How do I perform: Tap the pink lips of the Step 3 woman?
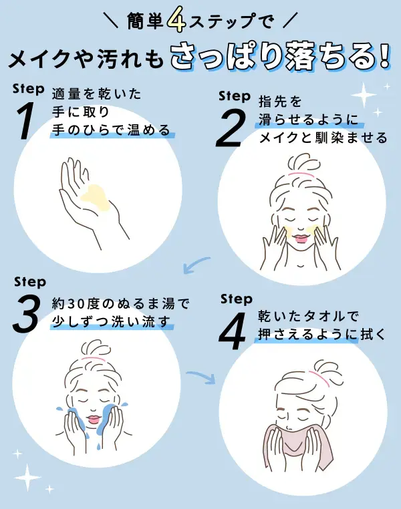tap(92, 419)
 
